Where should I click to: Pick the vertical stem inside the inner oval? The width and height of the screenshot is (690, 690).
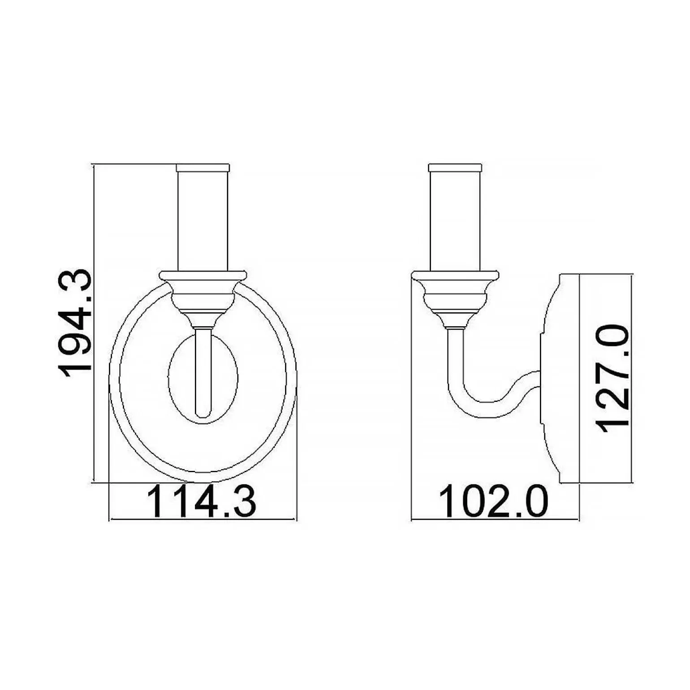coord(203,372)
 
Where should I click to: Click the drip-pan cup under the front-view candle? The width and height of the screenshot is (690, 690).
coord(203,296)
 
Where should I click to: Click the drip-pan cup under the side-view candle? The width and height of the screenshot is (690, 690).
coord(455,296)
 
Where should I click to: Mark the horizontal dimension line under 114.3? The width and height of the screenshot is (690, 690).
coord(203,520)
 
